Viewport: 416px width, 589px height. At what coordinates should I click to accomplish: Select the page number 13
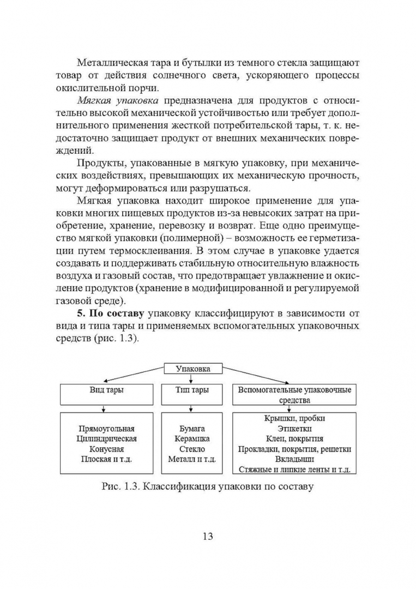coord(207,536)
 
